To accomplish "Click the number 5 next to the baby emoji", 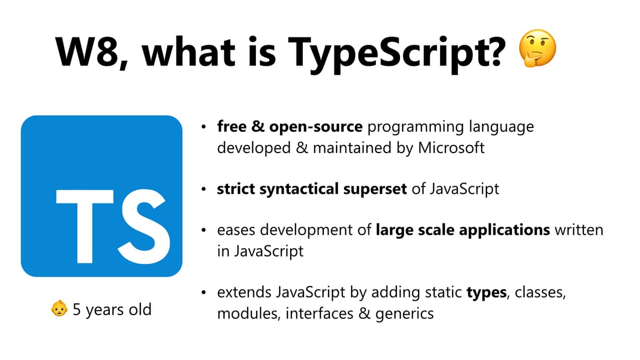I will point(77,309).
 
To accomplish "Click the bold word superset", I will point(377,189).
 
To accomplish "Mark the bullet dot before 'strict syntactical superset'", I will point(204,189).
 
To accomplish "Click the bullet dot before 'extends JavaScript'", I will point(204,293).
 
